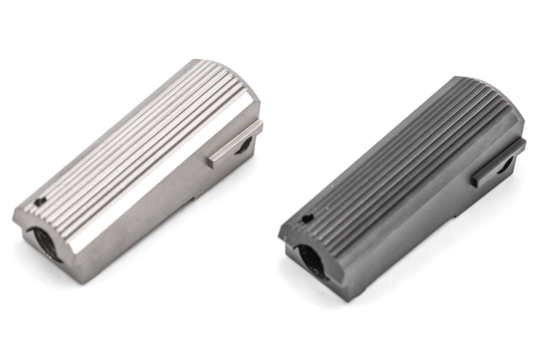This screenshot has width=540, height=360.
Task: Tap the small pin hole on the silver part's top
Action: click(x=41, y=202)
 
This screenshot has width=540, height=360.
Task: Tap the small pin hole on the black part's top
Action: click(x=307, y=218)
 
